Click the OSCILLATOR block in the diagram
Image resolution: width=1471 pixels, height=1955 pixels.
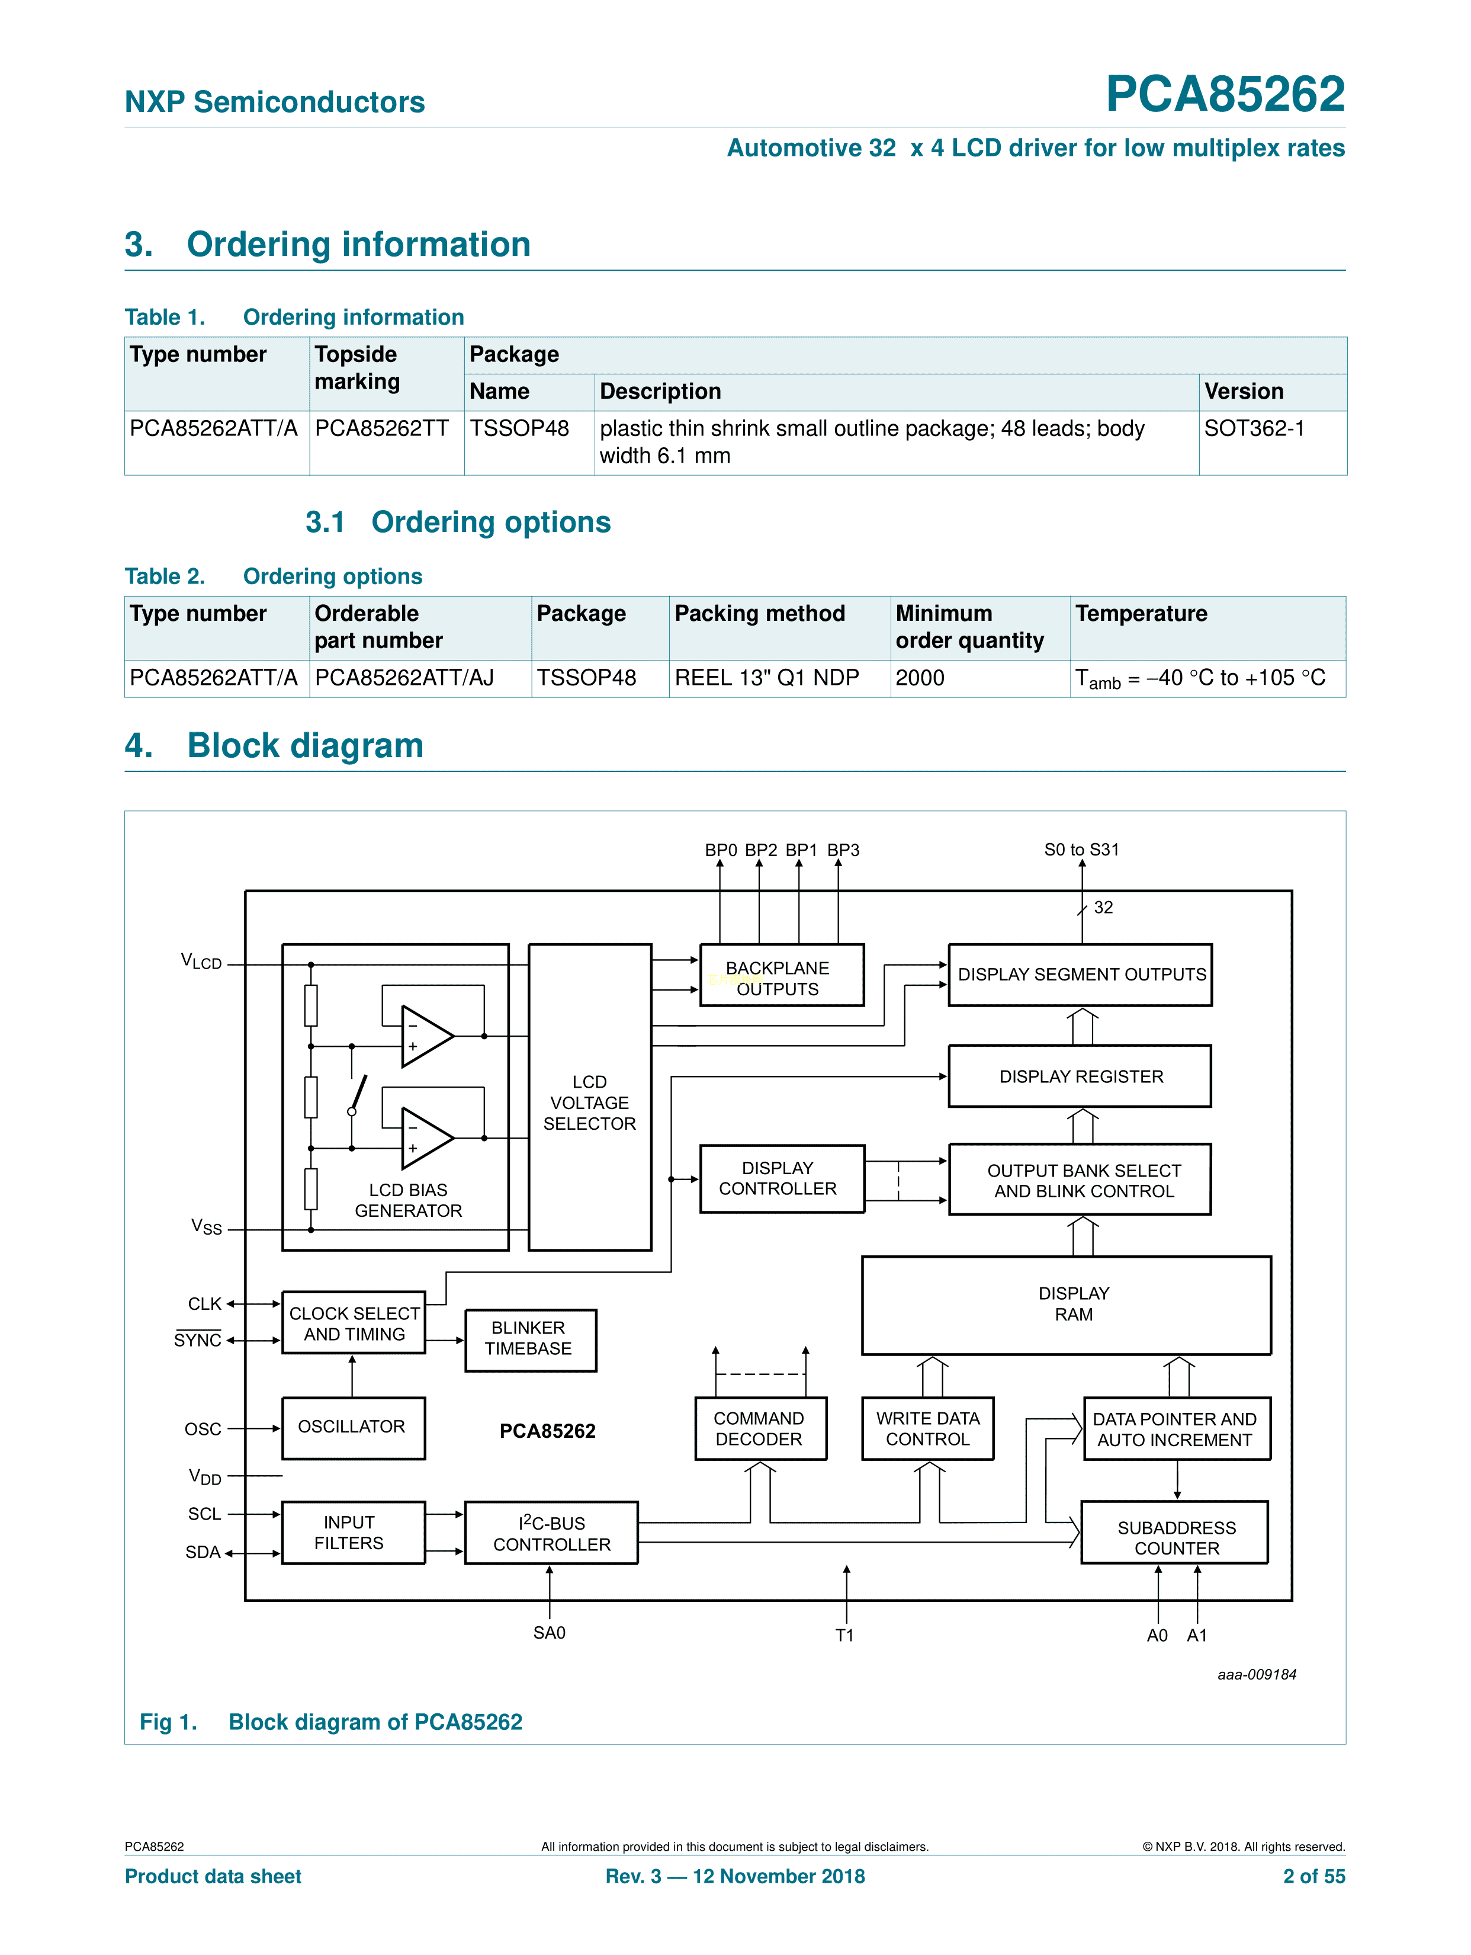352,1427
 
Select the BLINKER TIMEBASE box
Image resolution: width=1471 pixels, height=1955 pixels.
530,1339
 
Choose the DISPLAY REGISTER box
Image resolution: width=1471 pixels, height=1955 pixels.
1081,1076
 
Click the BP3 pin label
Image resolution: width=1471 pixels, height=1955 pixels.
843,850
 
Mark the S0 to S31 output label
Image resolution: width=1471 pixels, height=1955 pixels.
1081,850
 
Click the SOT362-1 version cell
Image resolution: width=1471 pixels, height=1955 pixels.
1254,429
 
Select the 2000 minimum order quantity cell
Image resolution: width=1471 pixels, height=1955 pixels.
920,678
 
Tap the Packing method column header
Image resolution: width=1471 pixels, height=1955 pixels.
760,613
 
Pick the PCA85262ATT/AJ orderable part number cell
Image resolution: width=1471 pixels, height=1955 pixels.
404,678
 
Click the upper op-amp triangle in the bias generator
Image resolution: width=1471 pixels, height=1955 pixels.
427,1035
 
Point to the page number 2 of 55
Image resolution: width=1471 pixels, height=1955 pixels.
1313,1876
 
